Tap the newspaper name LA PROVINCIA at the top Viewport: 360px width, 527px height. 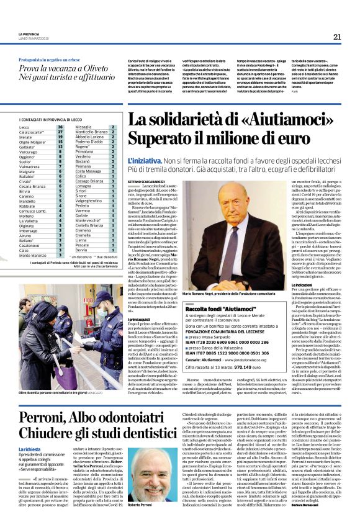click(x=29, y=34)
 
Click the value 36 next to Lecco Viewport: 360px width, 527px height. click(x=60, y=127)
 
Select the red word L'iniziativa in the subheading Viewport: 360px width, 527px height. click(x=144, y=161)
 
